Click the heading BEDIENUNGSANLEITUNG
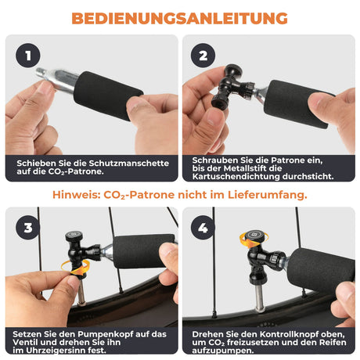coord(179,17)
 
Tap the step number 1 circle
coord(29,56)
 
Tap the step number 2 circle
coord(203,56)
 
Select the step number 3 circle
coord(29,229)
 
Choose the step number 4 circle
coord(203,229)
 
